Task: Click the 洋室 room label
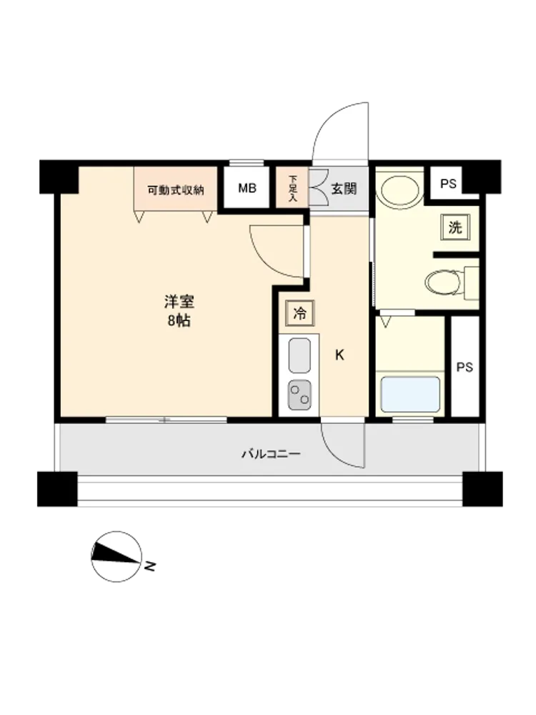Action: tap(179, 302)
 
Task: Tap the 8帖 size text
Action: tap(179, 321)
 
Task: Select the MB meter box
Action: tap(247, 188)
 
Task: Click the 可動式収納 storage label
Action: tap(176, 189)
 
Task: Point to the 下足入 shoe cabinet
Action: tap(292, 188)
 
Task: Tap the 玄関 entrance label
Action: tap(344, 189)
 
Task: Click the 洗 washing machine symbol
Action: tap(455, 227)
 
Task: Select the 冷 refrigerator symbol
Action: tap(300, 313)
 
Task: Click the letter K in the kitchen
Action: tap(339, 355)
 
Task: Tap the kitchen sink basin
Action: tap(299, 355)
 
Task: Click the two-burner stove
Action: tap(299, 395)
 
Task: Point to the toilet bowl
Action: tap(444, 282)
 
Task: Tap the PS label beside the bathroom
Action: tap(465, 367)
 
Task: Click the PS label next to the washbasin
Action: tap(448, 184)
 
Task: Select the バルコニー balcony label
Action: tap(271, 454)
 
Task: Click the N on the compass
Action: tap(150, 566)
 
